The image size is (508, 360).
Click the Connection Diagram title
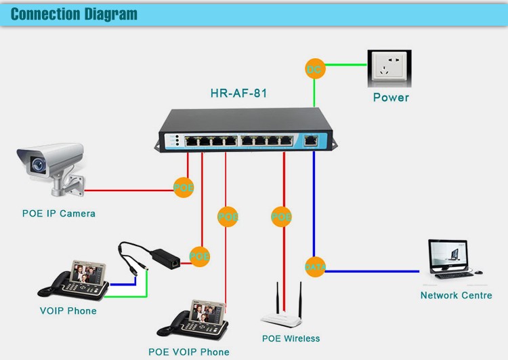[x=74, y=14]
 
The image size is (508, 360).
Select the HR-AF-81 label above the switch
[x=238, y=94]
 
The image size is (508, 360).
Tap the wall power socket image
[x=389, y=68]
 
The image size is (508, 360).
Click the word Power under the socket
[x=391, y=98]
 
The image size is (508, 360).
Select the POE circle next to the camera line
[x=184, y=187]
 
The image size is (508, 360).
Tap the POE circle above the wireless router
[x=281, y=217]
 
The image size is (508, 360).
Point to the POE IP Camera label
[x=59, y=214]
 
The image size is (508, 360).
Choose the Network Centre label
[x=456, y=296]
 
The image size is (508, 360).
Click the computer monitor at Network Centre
[x=448, y=255]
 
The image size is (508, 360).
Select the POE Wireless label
[x=291, y=338]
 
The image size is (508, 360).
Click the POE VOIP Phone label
[x=189, y=352]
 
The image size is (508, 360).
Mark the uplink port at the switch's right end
[x=311, y=141]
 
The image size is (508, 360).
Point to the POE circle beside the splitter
[x=199, y=256]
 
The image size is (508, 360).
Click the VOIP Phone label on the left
[x=68, y=311]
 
